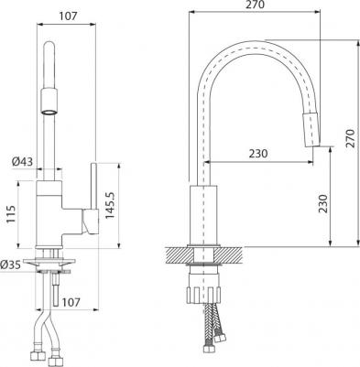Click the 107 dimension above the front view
tap(68, 15)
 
